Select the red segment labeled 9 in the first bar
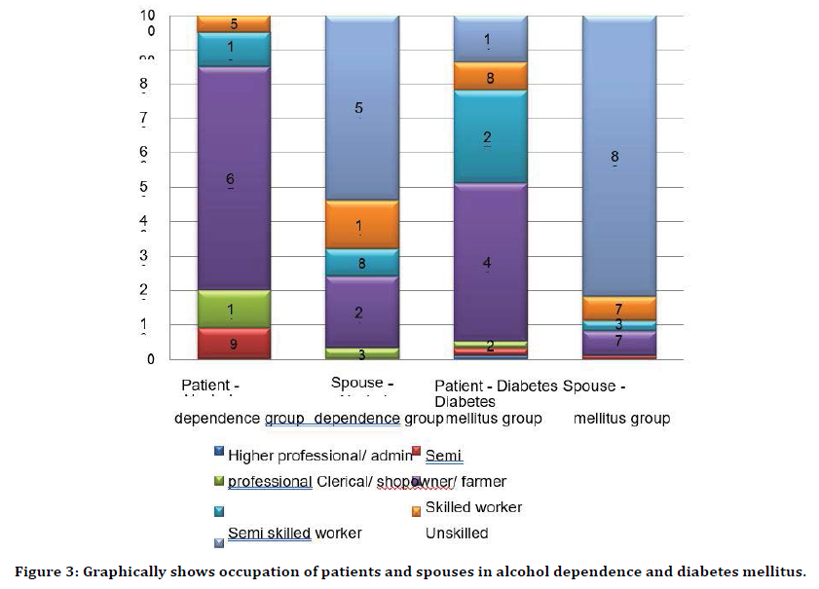(x=234, y=344)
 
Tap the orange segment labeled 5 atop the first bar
(x=234, y=23)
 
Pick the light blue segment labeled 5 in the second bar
(x=360, y=108)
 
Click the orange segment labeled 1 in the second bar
(x=360, y=225)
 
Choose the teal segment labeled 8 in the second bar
(x=360, y=262)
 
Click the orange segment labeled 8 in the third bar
(x=490, y=77)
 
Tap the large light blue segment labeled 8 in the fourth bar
(x=618, y=155)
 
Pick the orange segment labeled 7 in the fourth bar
(x=618, y=308)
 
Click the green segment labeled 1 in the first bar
(x=234, y=309)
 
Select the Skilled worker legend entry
(x=473, y=507)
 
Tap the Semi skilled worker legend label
(x=294, y=533)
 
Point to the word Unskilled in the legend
(x=457, y=533)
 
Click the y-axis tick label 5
(x=143, y=187)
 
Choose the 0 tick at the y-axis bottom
(x=150, y=359)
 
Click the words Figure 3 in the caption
(x=46, y=571)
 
